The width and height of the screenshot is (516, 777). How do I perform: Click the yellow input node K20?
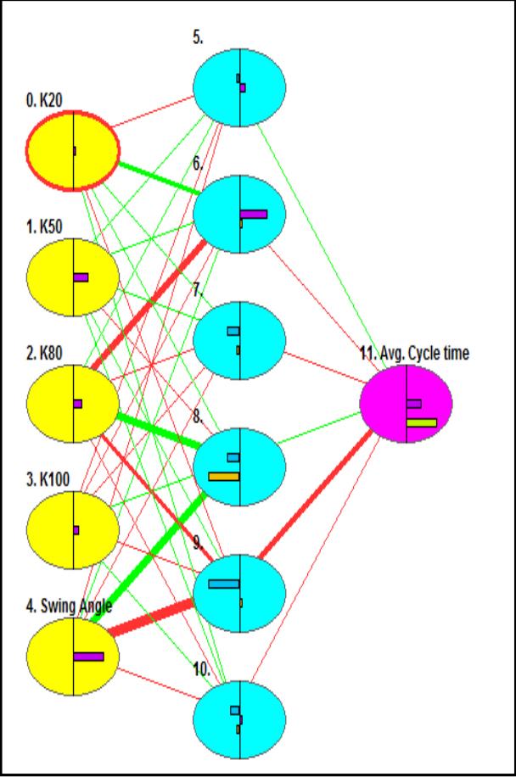(x=72, y=152)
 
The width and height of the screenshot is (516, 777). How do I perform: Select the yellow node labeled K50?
(x=72, y=277)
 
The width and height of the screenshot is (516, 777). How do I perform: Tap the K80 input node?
(x=72, y=403)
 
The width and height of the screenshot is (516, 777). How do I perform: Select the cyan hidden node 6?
(x=239, y=215)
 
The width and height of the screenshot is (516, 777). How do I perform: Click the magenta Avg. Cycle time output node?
(x=405, y=403)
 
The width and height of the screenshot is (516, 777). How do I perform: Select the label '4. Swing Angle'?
(x=69, y=607)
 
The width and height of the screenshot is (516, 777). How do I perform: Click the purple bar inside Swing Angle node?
(x=88, y=656)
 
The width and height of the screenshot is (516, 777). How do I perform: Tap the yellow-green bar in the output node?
(x=421, y=422)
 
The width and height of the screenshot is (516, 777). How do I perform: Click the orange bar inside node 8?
(x=224, y=477)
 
